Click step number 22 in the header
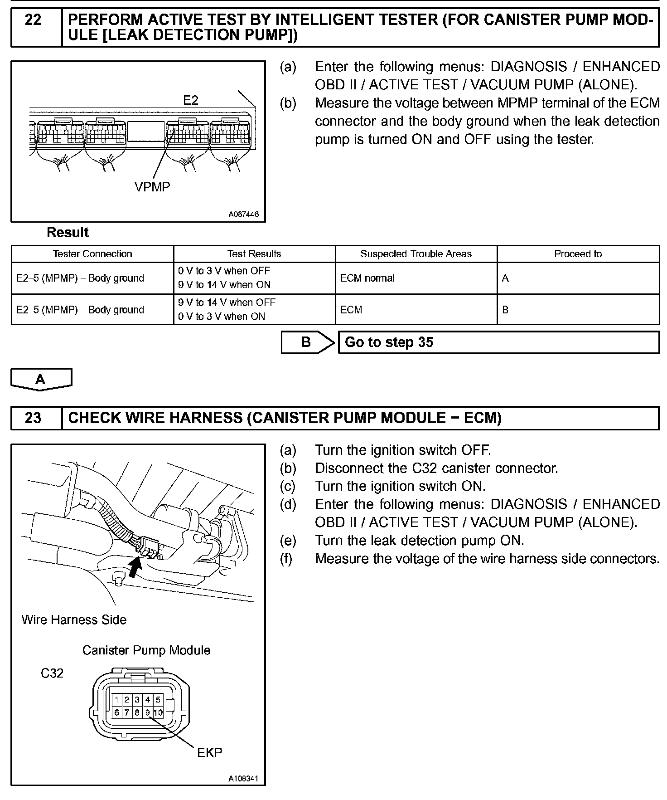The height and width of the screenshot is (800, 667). [x=33, y=20]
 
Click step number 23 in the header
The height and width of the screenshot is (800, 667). [x=33, y=418]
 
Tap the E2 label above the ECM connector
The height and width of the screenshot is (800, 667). [x=191, y=100]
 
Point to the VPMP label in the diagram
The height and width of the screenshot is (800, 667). [x=152, y=187]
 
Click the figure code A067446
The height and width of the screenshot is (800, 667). [x=243, y=215]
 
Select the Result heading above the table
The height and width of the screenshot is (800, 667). [x=68, y=233]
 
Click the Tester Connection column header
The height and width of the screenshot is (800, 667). [x=92, y=254]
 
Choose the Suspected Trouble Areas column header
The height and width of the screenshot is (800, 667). [x=416, y=254]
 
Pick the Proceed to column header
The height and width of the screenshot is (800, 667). [x=578, y=254]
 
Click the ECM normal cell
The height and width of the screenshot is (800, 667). [x=367, y=278]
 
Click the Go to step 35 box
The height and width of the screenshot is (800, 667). [x=498, y=342]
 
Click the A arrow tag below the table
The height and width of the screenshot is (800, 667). [x=41, y=379]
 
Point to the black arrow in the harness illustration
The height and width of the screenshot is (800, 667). [x=135, y=567]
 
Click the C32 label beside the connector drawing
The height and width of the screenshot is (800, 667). [x=52, y=673]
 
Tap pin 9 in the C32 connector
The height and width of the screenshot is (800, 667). [x=147, y=712]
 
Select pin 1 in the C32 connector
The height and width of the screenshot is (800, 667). [x=117, y=700]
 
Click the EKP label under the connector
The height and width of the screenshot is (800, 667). [x=210, y=753]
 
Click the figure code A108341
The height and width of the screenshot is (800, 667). [x=243, y=779]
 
